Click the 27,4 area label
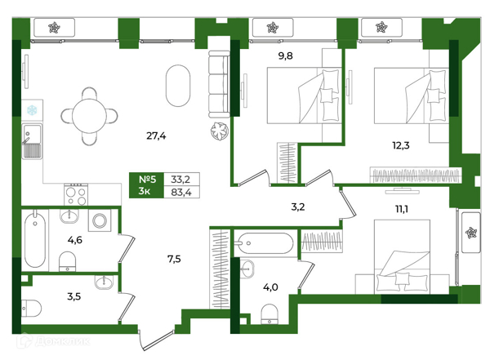point(156,136)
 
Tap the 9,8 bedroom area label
point(285,56)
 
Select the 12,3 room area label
point(401,145)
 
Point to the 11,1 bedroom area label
point(402,209)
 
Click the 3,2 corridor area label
point(298,207)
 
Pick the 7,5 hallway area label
point(174,259)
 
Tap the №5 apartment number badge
point(147,180)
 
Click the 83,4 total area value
point(181,192)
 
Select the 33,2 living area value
point(180,180)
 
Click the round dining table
point(89,116)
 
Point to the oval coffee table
point(178,86)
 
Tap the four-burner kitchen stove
point(76,194)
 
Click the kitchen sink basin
point(32,141)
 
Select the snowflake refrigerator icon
point(32,110)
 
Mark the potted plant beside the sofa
point(220,131)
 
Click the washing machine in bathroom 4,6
point(100,220)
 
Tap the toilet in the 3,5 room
point(31,308)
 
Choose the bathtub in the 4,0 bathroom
point(264,243)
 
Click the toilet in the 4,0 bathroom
point(269,314)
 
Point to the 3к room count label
point(144,191)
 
